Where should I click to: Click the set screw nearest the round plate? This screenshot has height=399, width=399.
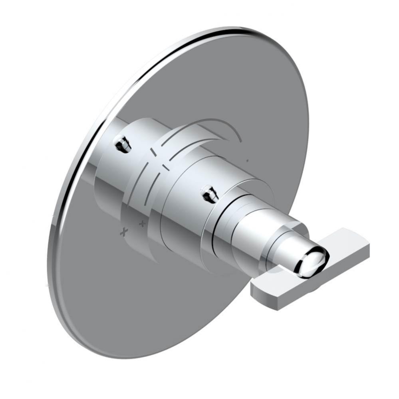point(122,144)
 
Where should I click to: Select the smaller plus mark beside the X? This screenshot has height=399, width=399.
point(141,224)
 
